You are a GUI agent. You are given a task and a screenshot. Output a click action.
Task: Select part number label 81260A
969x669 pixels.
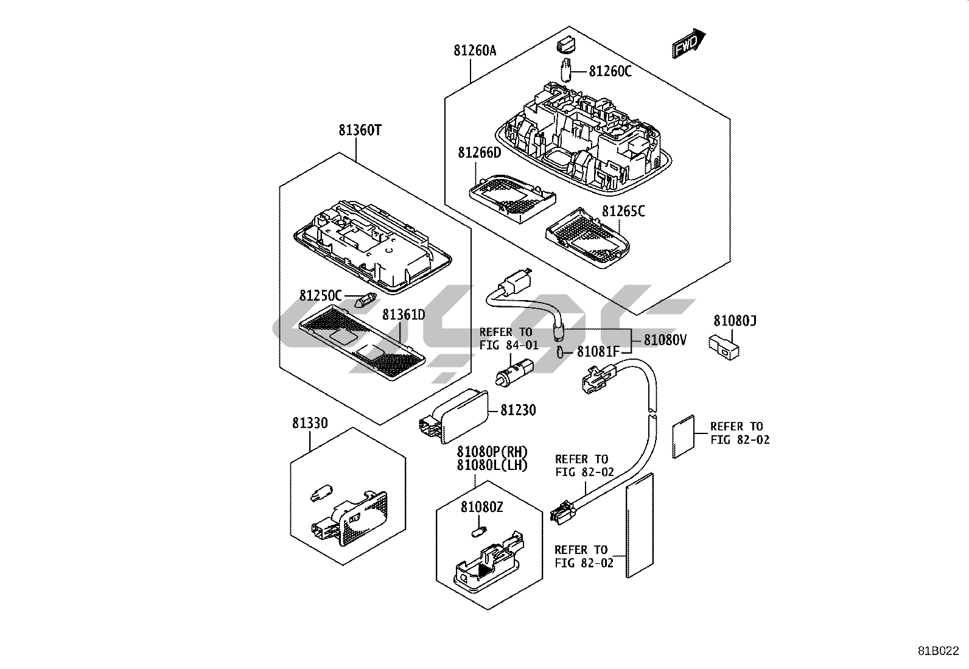475,51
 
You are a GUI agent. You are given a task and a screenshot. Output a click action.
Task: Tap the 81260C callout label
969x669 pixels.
610,72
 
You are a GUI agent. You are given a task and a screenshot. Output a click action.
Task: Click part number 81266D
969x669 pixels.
479,152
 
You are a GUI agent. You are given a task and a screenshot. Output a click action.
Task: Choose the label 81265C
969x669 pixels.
623,211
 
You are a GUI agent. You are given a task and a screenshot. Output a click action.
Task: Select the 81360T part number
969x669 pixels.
360,130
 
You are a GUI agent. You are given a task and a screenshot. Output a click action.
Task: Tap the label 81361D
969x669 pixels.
404,315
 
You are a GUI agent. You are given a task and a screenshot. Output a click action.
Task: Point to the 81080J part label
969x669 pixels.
735,321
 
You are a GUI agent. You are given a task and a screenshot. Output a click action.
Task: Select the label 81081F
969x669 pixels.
598,352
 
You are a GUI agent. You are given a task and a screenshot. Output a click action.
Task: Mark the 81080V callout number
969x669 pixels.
665,340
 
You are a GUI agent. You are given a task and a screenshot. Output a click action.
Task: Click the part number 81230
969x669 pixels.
518,411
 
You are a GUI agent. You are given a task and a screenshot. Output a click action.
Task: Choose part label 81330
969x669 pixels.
310,423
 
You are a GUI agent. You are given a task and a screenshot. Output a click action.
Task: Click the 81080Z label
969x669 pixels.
481,507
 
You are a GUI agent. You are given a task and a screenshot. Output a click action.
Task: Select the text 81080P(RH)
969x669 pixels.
492,452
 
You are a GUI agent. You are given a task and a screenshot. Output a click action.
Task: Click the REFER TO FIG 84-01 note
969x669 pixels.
509,339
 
